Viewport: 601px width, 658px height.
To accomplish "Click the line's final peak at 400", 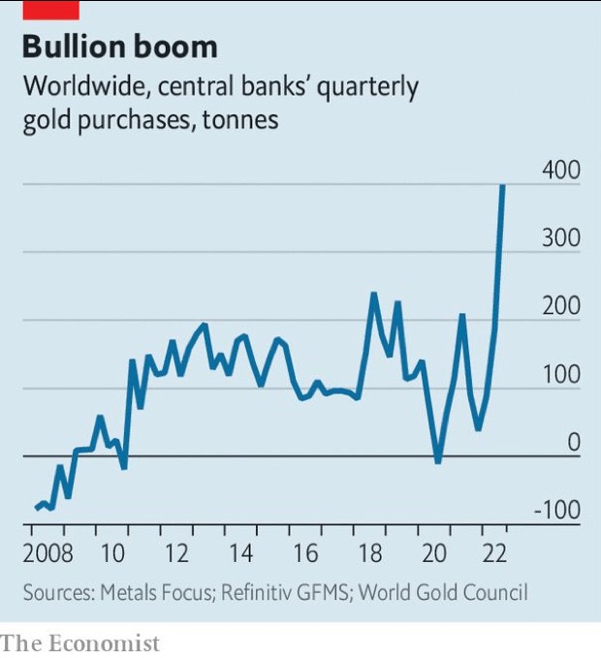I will [x=502, y=186].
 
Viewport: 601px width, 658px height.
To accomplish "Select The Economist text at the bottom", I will [x=80, y=642].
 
